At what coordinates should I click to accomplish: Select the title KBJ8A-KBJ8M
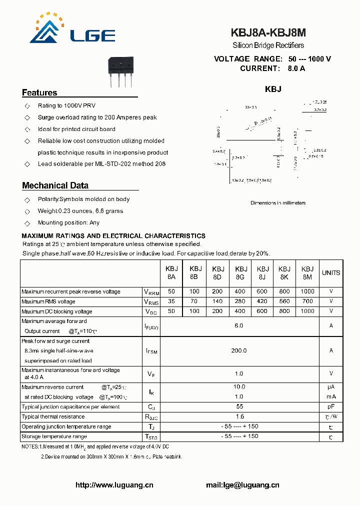coord(268,33)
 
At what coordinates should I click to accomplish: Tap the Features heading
coord(39,92)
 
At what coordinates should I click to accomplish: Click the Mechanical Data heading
coord(55,185)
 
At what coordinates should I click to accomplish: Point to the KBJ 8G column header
coord(240,272)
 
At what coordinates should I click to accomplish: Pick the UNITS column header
coord(331,273)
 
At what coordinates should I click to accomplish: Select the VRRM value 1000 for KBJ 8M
coord(307,291)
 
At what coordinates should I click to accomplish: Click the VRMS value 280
coord(240,301)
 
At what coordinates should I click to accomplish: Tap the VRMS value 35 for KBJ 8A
coord(171,301)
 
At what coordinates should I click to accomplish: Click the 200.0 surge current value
coord(239,350)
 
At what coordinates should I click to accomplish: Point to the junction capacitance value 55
coord(239,406)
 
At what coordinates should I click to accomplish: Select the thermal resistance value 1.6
coord(239,416)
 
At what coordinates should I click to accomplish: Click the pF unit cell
coord(331,406)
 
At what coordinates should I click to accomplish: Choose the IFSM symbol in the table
coord(151,351)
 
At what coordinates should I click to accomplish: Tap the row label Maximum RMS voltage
coord(48,301)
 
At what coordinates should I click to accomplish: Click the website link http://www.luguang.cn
coord(114,485)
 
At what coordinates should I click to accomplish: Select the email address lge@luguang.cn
coord(242,485)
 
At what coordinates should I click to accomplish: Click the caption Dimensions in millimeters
coord(278,203)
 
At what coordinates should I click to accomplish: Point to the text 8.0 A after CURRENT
coord(296,68)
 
